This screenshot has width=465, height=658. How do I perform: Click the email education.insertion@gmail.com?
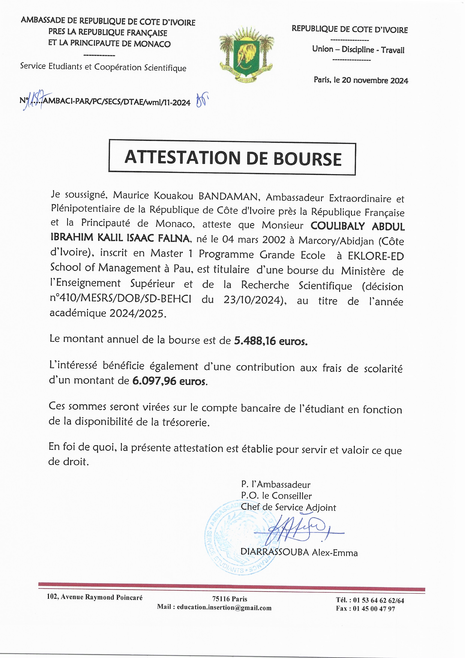click(x=224, y=608)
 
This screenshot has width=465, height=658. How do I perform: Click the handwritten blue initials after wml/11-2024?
click(x=202, y=100)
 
